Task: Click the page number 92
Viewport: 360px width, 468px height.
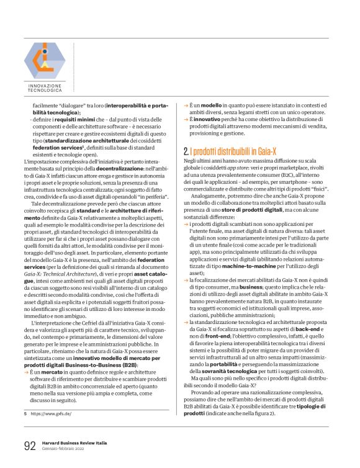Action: pyautogui.click(x=29, y=445)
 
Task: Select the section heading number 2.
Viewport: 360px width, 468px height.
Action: pyautogui.click(x=186, y=151)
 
